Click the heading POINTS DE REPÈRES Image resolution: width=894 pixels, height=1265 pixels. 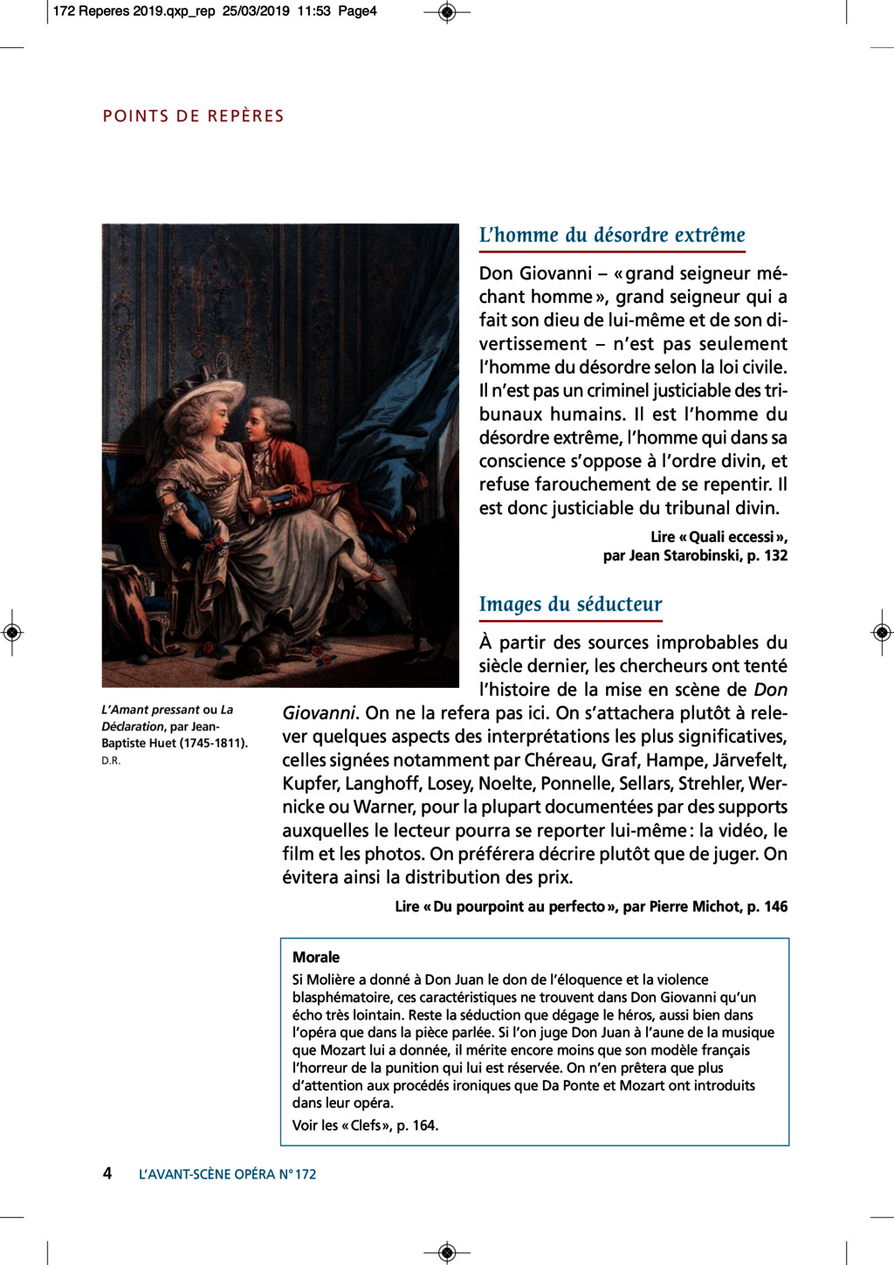[x=193, y=116]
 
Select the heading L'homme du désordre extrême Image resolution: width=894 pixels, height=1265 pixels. [x=612, y=235]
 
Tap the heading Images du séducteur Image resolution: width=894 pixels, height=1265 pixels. [x=570, y=604]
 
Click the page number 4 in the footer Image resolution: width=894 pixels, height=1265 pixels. [x=107, y=1173]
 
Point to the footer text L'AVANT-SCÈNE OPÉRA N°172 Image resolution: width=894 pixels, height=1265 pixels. [x=227, y=1174]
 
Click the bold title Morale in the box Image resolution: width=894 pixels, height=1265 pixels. [x=316, y=957]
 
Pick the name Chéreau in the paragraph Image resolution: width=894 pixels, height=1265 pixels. [x=552, y=760]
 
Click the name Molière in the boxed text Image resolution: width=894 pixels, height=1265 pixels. [x=334, y=980]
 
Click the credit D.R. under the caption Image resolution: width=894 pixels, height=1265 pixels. [x=111, y=760]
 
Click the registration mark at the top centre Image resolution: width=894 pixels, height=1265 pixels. [x=447, y=12]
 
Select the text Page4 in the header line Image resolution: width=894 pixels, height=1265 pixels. [x=357, y=11]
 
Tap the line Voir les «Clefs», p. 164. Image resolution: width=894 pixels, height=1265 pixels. [x=365, y=1125]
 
